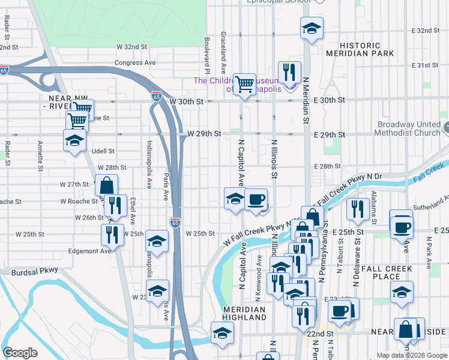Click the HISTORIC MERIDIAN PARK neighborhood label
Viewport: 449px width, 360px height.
pos(353,49)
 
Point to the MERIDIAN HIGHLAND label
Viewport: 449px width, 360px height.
pos(244,313)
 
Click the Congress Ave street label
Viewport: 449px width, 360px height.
pos(135,62)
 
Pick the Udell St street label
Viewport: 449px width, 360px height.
pos(103,152)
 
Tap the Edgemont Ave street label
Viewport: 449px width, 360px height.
pos(90,251)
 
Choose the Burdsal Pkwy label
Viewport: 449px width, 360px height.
pos(35,271)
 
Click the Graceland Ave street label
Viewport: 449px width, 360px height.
pos(223,48)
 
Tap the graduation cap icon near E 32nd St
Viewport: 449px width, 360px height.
pos(312,28)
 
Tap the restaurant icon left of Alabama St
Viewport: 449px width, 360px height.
pos(358,208)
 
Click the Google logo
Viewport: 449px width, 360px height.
pos(20,353)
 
